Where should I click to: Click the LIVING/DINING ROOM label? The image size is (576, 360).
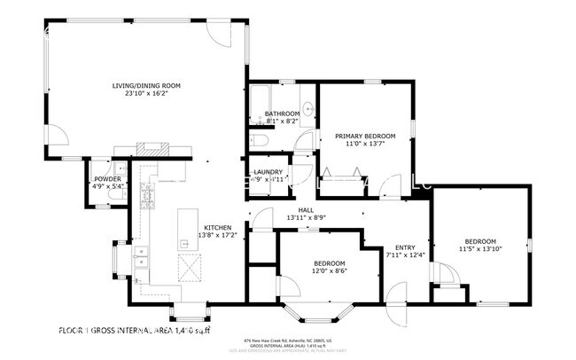146,85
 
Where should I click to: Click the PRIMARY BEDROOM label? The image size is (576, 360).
364,136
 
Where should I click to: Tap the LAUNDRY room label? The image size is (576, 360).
268,171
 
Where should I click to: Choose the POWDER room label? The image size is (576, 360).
107,179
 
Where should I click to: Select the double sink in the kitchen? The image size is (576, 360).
140,258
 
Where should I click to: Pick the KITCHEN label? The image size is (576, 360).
217,227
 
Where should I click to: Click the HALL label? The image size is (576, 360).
307,210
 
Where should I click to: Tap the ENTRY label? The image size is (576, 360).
405,247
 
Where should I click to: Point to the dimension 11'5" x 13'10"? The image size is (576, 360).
480,249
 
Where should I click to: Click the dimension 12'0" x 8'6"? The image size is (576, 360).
329,272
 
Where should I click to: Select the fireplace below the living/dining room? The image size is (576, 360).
152,149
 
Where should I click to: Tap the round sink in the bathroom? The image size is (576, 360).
306,109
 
